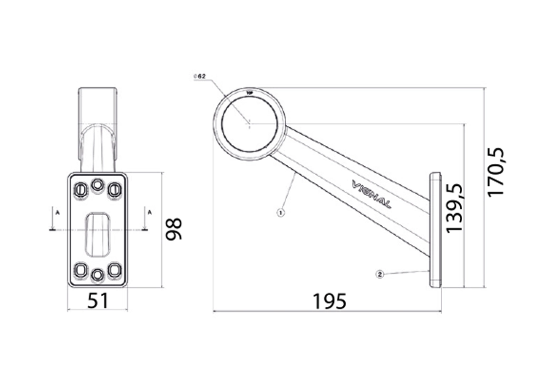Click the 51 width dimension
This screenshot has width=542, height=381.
point(98,301)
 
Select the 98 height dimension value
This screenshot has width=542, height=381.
point(174,229)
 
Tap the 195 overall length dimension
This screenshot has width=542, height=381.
point(329,301)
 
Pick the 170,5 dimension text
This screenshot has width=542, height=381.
point(496,172)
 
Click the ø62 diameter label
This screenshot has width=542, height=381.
point(199,76)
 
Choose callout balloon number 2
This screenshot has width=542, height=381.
point(379,274)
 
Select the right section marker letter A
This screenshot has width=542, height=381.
point(149,212)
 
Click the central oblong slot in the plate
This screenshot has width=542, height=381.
point(97,234)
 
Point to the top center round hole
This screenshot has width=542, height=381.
point(97,185)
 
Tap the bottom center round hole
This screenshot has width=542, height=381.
point(97,275)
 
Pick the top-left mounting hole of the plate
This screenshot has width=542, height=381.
point(80,190)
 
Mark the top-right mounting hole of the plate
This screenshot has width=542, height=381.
point(114,190)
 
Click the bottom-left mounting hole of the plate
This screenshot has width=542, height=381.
point(80,270)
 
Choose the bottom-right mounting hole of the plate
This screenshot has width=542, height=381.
point(114,270)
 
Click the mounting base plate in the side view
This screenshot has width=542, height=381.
point(436,230)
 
